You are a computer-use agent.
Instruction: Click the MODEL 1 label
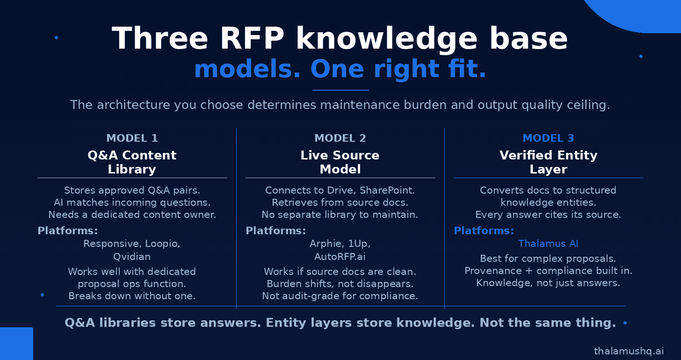[x=132, y=138]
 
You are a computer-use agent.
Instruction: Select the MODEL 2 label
[x=340, y=138]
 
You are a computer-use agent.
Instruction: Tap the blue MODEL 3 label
[x=549, y=138]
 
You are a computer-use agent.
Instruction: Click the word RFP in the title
[x=252, y=39]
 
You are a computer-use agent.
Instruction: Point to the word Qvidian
[x=132, y=257]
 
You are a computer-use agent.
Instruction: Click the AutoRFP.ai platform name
[x=340, y=257]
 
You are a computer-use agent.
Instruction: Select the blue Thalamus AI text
[x=548, y=244]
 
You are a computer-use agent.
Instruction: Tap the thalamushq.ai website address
[x=629, y=351]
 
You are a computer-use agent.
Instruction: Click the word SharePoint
[x=387, y=190]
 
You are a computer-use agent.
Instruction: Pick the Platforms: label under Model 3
[x=484, y=230]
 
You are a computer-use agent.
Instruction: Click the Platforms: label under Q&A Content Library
[x=68, y=230]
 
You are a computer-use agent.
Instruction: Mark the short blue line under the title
[x=340, y=90]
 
